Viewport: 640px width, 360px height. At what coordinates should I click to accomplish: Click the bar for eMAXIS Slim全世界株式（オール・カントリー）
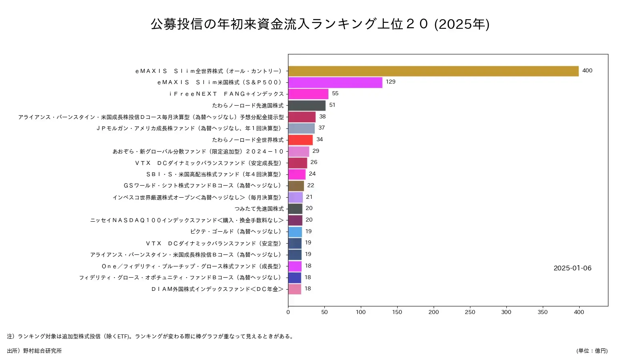tap(433, 71)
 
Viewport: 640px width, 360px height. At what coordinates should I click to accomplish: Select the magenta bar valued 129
tap(335, 82)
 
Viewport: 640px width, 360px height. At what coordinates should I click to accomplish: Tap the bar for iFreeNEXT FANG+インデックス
tap(308, 94)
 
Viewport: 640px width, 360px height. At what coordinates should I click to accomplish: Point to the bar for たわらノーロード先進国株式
tap(307, 106)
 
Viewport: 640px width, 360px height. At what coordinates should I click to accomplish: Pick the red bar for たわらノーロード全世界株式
tap(300, 140)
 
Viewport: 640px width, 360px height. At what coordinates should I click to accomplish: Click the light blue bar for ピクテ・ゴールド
tap(295, 232)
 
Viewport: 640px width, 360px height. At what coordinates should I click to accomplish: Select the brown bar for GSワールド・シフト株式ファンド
tap(296, 186)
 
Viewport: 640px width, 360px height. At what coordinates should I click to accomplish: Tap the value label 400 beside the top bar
tap(587, 71)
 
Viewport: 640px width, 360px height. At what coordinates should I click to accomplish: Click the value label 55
tap(335, 94)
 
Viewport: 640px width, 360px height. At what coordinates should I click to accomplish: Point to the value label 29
tap(316, 151)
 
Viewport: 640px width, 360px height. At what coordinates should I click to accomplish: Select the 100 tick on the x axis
tap(361, 312)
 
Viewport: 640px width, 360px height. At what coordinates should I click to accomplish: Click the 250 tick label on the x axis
tap(470, 312)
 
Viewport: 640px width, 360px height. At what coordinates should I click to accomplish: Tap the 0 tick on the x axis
tap(288, 312)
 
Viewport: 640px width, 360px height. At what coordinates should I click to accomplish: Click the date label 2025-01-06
tap(572, 268)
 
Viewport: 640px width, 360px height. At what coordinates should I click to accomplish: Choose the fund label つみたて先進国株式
tap(259, 209)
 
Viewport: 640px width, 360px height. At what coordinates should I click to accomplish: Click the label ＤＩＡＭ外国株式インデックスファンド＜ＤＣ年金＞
tap(217, 289)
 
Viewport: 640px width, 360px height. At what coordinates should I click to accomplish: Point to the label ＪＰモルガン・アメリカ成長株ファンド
tap(190, 128)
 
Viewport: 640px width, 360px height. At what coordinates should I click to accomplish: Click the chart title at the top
tap(320, 24)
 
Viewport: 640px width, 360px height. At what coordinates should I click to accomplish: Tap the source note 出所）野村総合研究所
tap(34, 351)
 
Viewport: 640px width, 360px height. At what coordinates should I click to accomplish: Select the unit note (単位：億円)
tap(592, 351)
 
